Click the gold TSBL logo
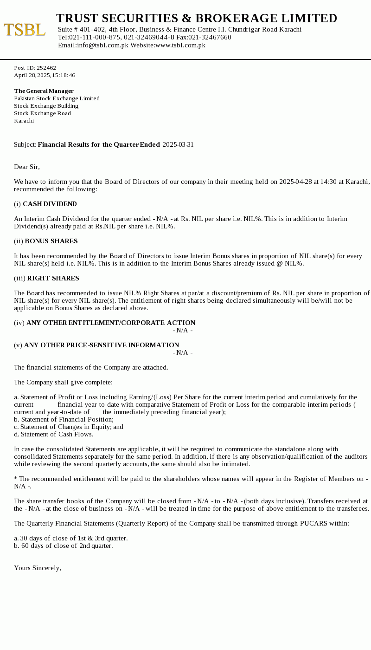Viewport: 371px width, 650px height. [x=25, y=30]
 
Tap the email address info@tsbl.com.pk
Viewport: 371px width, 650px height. [x=102, y=45]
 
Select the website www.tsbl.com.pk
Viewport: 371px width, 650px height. [x=180, y=45]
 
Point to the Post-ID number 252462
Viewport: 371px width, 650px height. [x=46, y=68]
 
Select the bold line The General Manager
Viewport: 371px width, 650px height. [x=44, y=91]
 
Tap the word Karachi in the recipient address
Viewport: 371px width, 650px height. [x=24, y=121]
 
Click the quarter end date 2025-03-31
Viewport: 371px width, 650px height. [x=178, y=144]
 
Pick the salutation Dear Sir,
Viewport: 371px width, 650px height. [x=27, y=167]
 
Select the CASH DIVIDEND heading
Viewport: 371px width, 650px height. [x=50, y=204]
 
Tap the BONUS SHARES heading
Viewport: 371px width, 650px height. [x=51, y=241]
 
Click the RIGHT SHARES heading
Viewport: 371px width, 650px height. [x=53, y=278]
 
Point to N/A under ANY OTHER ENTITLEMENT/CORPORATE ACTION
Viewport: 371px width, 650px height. [x=182, y=330]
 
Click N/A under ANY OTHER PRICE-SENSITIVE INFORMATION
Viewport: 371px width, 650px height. [x=182, y=352]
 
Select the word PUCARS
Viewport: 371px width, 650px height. [x=313, y=523]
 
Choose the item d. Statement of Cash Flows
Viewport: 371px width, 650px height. [x=53, y=434]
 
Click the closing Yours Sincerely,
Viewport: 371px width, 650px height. [x=38, y=568]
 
